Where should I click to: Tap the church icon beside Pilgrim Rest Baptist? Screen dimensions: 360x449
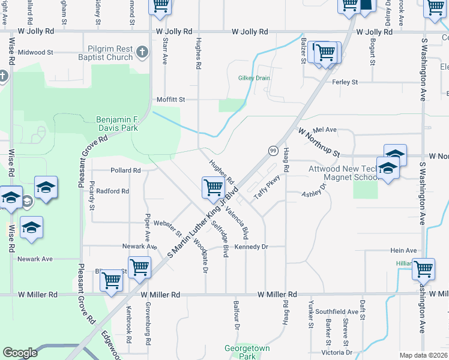(142, 52)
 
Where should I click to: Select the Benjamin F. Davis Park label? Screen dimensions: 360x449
(117, 124)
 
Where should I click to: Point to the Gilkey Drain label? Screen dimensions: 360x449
(254, 78)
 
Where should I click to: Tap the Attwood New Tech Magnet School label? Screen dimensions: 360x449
(342, 173)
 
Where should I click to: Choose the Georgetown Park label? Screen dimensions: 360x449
(247, 352)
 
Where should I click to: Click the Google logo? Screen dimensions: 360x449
(20, 352)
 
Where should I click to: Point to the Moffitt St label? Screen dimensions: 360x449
(170, 99)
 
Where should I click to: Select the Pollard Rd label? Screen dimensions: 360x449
(125, 170)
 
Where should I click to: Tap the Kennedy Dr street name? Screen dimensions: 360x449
(251, 247)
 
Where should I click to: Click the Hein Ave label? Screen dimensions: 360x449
(403, 250)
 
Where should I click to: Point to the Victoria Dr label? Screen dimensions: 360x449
(336, 352)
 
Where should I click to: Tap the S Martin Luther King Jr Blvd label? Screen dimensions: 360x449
(197, 229)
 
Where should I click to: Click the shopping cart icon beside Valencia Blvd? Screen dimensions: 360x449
(213, 187)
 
